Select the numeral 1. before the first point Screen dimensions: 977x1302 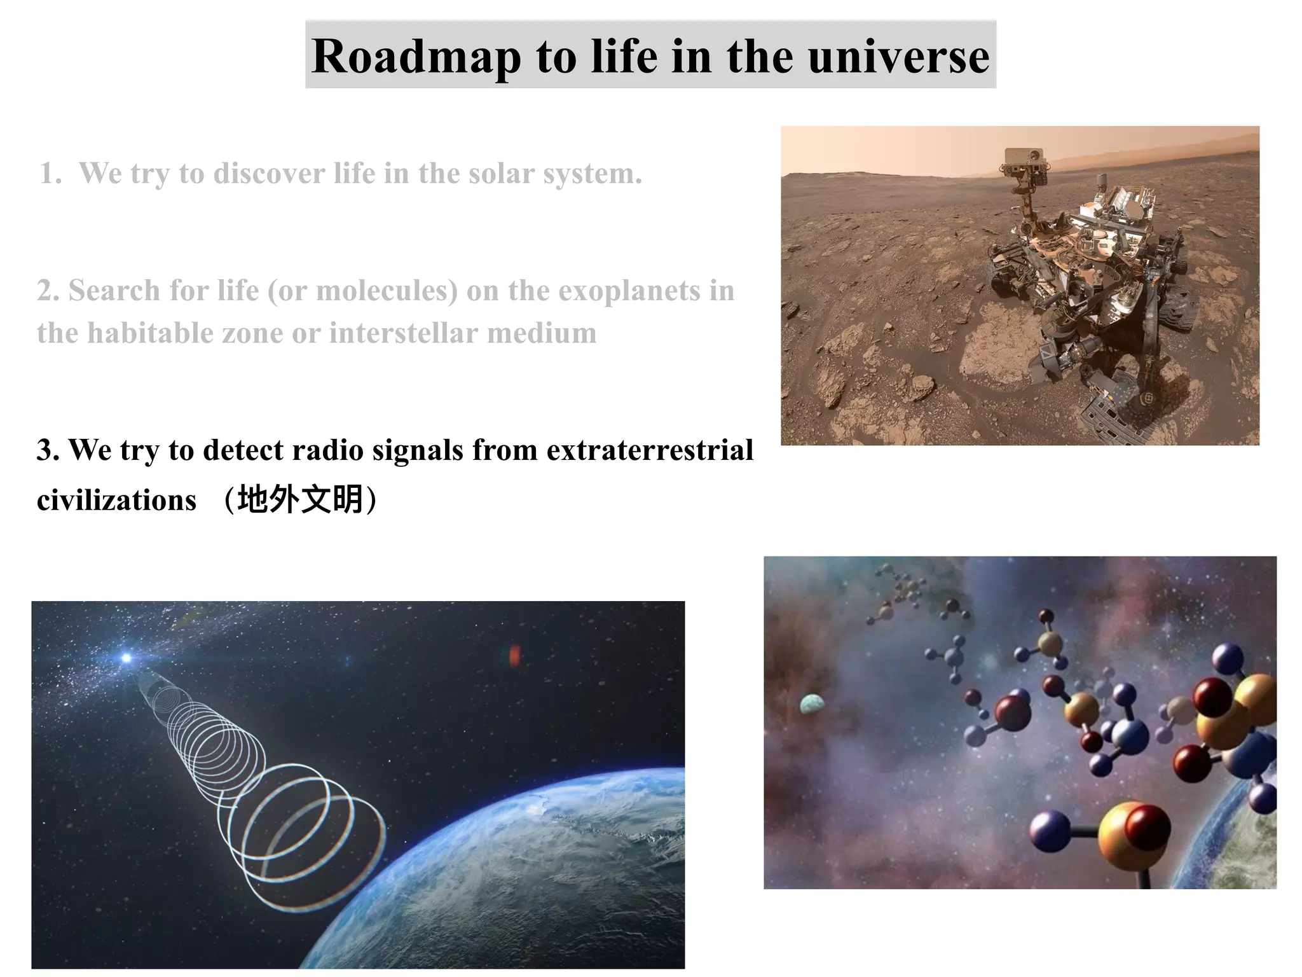tap(50, 174)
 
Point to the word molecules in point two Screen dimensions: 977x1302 tap(387, 291)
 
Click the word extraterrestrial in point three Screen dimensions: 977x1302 tap(650, 450)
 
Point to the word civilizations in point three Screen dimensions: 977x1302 tap(116, 500)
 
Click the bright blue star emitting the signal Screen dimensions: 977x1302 tap(127, 658)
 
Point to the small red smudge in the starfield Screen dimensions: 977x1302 tap(514, 655)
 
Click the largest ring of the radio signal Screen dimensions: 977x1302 tap(324, 852)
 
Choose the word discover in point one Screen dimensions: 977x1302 tap(269, 174)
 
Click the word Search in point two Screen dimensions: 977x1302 tap(114, 291)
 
